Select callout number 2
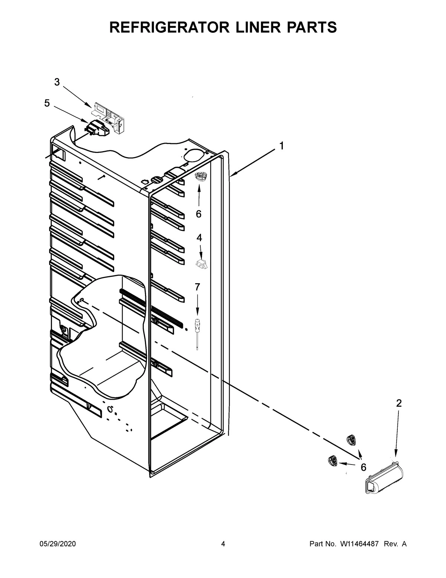tap(399, 403)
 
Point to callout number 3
tap(57, 82)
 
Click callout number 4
tap(199, 237)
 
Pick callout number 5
tap(47, 103)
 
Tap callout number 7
tap(197, 287)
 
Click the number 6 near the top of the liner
tap(198, 214)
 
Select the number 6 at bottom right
tap(363, 467)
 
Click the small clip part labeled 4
tap(201, 264)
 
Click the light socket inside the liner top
tap(201, 178)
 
